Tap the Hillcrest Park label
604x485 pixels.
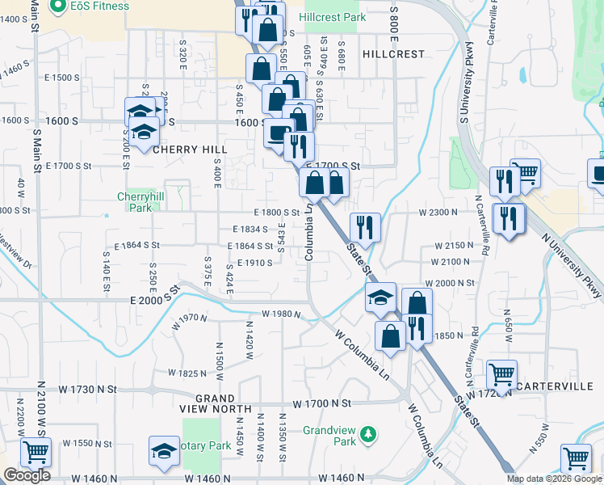pyautogui.click(x=332, y=17)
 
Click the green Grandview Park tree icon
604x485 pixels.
pyautogui.click(x=367, y=434)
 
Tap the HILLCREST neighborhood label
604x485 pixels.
pyautogui.click(x=393, y=54)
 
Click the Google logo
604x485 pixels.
pyautogui.click(x=27, y=475)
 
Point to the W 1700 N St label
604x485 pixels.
pyautogui.click(x=322, y=403)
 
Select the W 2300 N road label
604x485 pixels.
pyautogui.click(x=438, y=213)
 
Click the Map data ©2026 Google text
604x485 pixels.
pyautogui.click(x=554, y=479)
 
